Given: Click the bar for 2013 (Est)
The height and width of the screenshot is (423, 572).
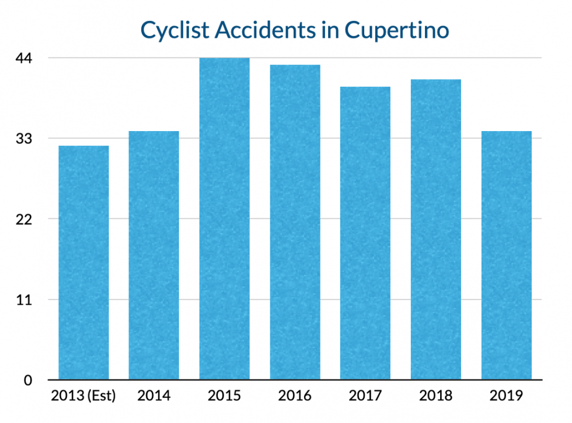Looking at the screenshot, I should [x=83, y=263].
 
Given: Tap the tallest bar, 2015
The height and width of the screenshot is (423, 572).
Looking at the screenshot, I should [x=225, y=218].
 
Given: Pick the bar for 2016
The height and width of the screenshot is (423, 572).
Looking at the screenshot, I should [x=295, y=222].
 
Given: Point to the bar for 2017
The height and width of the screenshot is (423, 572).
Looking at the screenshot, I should [x=365, y=233].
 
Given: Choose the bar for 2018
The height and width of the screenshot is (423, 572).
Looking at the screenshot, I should [x=436, y=230].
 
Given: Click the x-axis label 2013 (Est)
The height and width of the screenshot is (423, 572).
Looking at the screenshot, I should [x=83, y=396].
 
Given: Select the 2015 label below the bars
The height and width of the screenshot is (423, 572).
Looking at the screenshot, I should [x=225, y=396].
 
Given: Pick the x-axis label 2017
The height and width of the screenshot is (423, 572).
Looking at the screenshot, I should [x=365, y=396].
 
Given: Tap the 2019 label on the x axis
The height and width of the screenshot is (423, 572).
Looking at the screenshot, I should [x=507, y=396].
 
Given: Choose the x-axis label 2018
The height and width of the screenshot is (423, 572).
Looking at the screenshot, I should [x=436, y=396].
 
